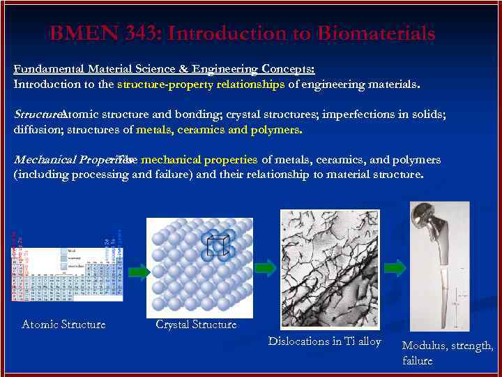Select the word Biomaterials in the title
tap(376, 34)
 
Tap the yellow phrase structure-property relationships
tap(201, 84)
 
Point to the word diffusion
tap(36, 130)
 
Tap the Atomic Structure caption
tap(63, 324)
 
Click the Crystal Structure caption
tap(196, 324)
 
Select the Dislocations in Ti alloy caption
tap(325, 341)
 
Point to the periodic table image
tap(67, 269)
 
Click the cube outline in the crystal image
tap(216, 246)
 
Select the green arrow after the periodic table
tap(138, 272)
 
